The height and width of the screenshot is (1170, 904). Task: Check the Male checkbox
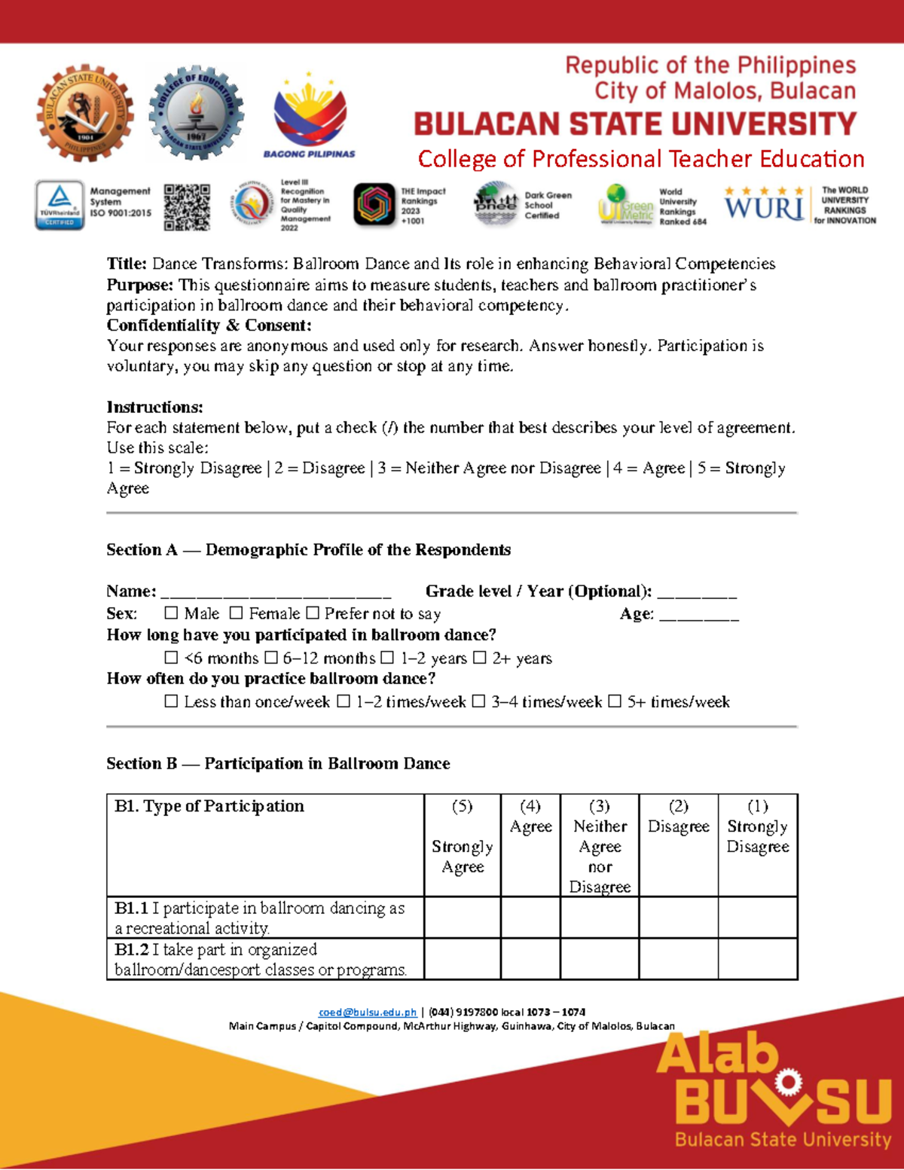tap(171, 614)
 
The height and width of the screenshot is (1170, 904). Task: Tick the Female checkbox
tap(237, 614)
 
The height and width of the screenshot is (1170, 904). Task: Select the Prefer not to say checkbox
tap(313, 614)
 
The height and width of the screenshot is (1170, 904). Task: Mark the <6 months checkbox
tap(171, 658)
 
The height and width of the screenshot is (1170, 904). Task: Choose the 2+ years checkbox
tap(480, 658)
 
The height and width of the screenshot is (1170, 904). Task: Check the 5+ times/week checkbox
tap(615, 702)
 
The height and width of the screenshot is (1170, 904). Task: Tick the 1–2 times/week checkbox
tap(344, 702)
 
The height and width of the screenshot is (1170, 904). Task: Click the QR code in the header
tap(187, 206)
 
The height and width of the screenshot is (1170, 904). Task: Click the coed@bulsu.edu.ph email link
tap(368, 1013)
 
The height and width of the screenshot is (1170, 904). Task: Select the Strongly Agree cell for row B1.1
tap(463, 918)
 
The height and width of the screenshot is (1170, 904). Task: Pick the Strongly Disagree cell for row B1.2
tap(757, 959)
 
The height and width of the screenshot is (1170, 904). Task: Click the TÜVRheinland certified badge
tap(60, 205)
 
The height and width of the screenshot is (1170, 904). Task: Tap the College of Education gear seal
tap(196, 113)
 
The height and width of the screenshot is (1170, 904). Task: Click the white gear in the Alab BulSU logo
tap(787, 1083)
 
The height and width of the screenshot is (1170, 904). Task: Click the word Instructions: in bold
tap(154, 408)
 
